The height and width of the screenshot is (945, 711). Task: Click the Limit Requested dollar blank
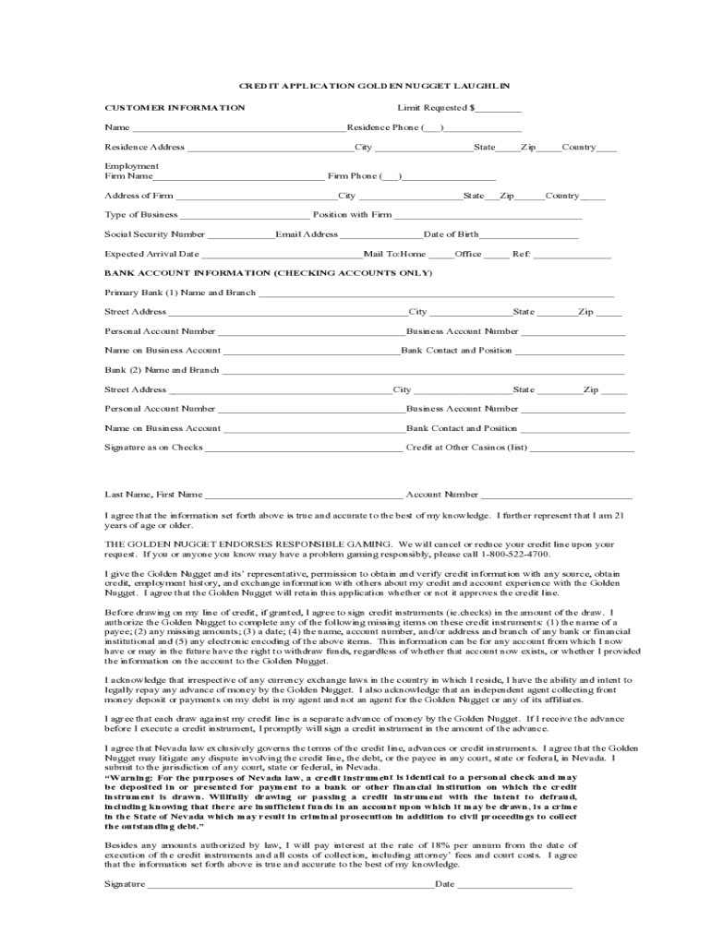499,108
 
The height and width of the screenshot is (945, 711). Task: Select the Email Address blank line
380,234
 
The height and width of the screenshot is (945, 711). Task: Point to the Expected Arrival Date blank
281,254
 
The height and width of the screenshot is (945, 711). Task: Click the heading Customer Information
175,108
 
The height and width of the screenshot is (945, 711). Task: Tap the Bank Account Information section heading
268,273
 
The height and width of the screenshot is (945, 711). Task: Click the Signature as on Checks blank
304,449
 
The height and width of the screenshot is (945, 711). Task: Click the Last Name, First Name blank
304,496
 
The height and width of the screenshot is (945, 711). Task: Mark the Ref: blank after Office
572,254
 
